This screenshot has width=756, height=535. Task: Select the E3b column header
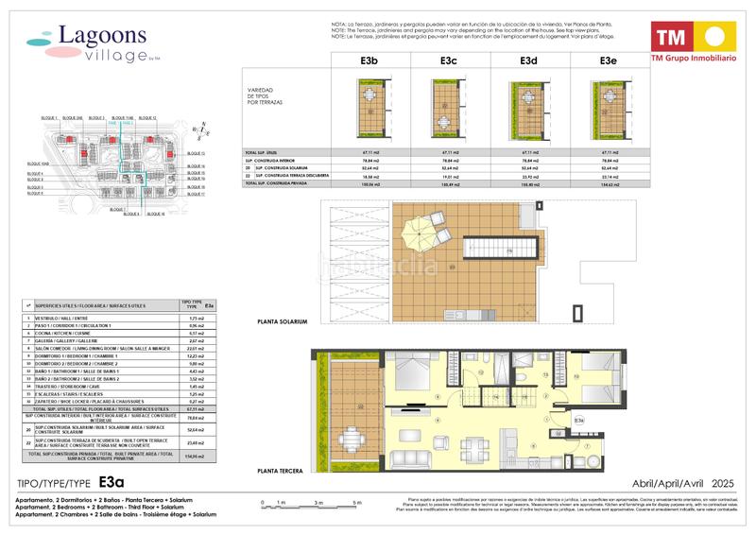pos(369,61)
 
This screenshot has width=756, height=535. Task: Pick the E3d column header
pos(529,61)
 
